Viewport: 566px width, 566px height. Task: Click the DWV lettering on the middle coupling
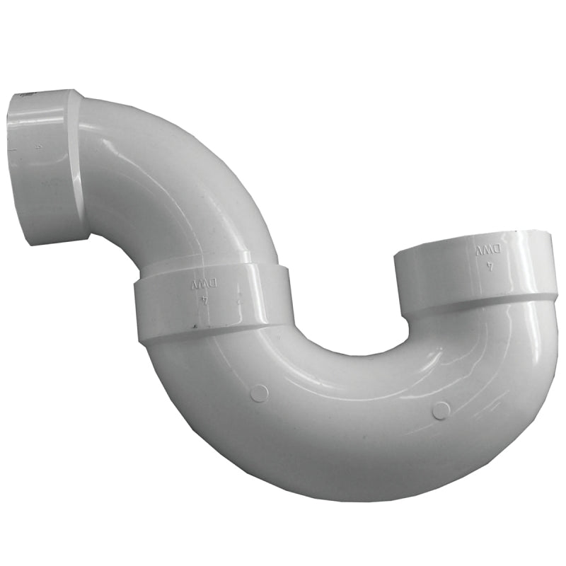(x=203, y=284)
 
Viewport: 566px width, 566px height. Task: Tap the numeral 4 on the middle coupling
(x=204, y=299)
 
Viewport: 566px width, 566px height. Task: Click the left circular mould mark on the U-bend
(x=260, y=393)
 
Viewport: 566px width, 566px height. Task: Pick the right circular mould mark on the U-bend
(x=441, y=410)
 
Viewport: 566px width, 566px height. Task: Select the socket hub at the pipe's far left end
(x=46, y=166)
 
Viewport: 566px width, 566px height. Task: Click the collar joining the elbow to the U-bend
(x=212, y=297)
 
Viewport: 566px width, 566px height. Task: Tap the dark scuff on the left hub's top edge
(x=25, y=93)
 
